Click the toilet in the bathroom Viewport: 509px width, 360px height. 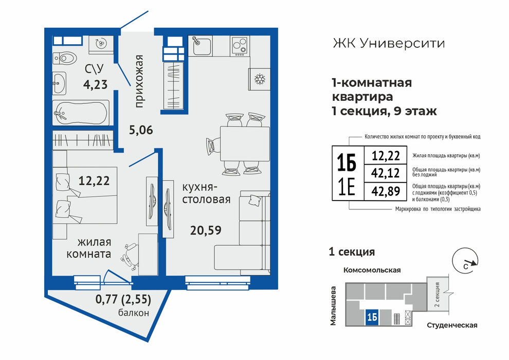(x=65, y=59)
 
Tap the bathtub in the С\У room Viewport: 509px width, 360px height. (x=81, y=113)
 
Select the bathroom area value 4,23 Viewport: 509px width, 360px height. (x=95, y=85)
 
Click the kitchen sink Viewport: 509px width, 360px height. (x=200, y=45)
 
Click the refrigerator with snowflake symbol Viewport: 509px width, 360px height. (x=259, y=79)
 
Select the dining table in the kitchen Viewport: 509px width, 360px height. (x=245, y=143)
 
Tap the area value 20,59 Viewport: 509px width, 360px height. (x=206, y=230)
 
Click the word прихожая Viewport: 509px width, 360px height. (x=139, y=81)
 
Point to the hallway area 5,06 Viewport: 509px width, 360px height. (x=141, y=130)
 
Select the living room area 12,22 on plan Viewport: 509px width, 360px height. (x=94, y=181)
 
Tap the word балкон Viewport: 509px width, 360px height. (x=133, y=313)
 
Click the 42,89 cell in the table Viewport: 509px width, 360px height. (x=386, y=191)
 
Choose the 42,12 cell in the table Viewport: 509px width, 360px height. (x=386, y=173)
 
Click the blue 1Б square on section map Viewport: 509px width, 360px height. (x=373, y=317)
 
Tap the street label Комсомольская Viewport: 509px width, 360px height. (x=372, y=270)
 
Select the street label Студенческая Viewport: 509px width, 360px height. (x=452, y=325)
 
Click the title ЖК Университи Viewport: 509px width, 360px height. (x=389, y=43)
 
